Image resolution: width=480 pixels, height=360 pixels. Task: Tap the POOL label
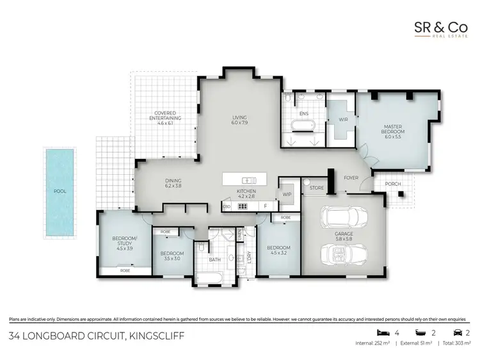60,191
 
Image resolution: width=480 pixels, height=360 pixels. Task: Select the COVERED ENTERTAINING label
165,117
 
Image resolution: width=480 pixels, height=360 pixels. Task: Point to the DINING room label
173,183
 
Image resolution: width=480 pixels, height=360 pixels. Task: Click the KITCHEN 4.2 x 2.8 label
246,193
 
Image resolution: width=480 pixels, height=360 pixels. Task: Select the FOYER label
351,177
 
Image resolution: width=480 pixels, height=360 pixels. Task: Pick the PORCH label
392,184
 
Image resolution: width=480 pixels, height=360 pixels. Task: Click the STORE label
316,188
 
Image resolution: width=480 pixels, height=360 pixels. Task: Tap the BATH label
216,260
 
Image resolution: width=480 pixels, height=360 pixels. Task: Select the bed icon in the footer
382,333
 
